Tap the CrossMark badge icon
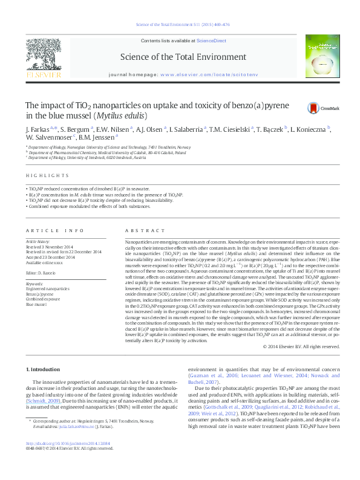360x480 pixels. click(313, 108)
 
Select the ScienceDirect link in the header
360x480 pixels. click(211, 40)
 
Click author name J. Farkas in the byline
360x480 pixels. click(38, 129)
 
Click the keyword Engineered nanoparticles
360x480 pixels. click(47, 290)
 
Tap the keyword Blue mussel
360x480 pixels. click(36, 305)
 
